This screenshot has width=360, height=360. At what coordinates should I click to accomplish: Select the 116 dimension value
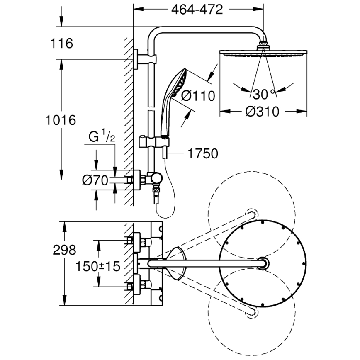point(61,43)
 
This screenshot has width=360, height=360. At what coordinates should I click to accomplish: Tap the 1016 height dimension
point(61,120)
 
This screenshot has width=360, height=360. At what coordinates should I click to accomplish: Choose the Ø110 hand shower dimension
point(198,96)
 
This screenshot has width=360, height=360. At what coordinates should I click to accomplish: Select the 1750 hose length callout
point(202,154)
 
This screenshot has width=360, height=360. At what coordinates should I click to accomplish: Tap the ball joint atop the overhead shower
point(263,44)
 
